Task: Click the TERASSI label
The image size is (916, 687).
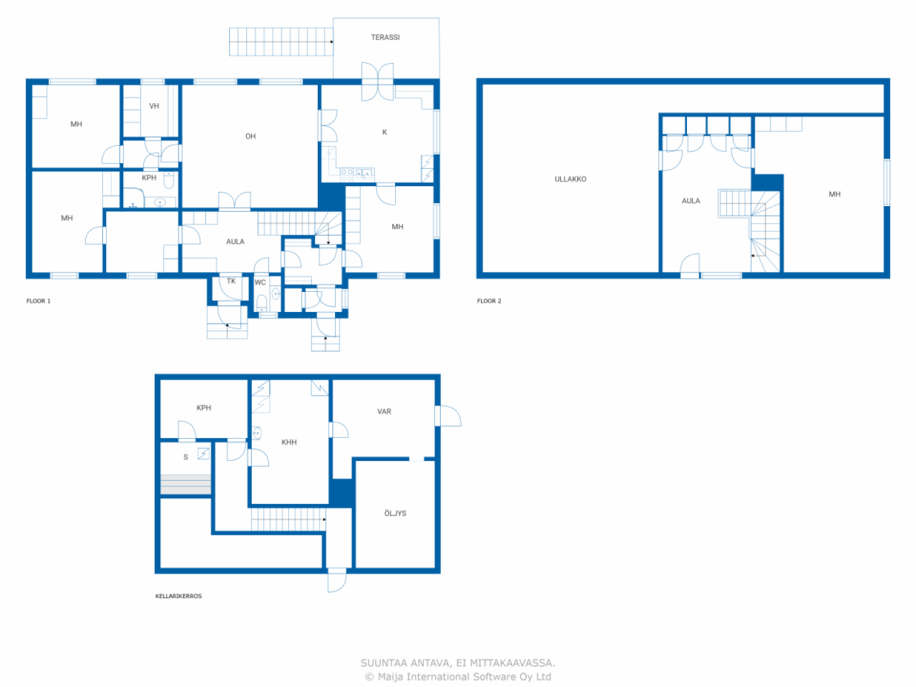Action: pyautogui.click(x=385, y=37)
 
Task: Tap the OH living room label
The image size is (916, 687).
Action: pyautogui.click(x=250, y=137)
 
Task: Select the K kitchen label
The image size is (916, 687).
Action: pyautogui.click(x=384, y=132)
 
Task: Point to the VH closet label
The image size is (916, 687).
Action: pyautogui.click(x=154, y=106)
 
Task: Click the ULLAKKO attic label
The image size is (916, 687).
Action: pyautogui.click(x=570, y=180)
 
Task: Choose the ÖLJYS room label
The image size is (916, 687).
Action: pyautogui.click(x=395, y=513)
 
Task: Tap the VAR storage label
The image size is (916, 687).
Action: pyautogui.click(x=384, y=411)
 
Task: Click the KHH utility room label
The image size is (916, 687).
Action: pyautogui.click(x=289, y=442)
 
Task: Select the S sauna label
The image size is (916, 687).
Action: pyautogui.click(x=185, y=457)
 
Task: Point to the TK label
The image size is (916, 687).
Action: pyautogui.click(x=231, y=281)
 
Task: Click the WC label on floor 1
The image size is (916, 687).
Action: pyautogui.click(x=260, y=283)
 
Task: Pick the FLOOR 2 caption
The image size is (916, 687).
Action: pyautogui.click(x=489, y=301)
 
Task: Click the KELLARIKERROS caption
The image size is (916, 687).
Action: pyautogui.click(x=178, y=596)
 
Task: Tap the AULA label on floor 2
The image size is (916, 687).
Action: pyautogui.click(x=691, y=200)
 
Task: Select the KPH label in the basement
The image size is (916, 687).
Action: pyautogui.click(x=204, y=407)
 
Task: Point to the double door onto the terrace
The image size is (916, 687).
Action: pyautogui.click(x=377, y=82)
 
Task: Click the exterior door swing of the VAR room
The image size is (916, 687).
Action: pyautogui.click(x=450, y=416)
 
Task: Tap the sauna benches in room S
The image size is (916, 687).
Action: pyautogui.click(x=185, y=484)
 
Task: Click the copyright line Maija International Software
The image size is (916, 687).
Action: pyautogui.click(x=458, y=676)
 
